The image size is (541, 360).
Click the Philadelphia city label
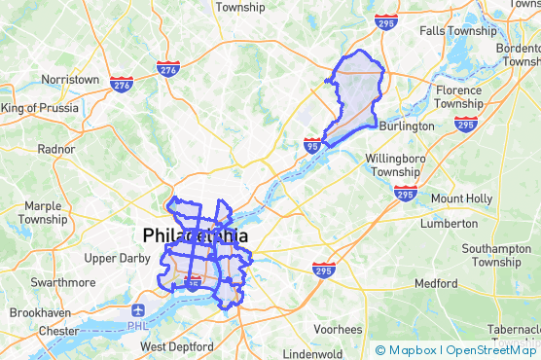click(195, 235)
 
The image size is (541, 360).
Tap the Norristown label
click(70, 79)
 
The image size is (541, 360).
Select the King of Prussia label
click(40, 108)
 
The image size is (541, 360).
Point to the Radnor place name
click(54, 149)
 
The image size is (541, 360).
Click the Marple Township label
click(44, 213)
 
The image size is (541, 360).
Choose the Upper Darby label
click(114, 258)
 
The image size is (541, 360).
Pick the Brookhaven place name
click(41, 313)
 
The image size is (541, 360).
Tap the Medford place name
click(435, 284)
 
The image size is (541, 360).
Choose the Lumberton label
click(449, 224)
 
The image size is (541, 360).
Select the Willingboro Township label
click(395, 164)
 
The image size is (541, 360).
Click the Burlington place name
click(407, 126)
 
